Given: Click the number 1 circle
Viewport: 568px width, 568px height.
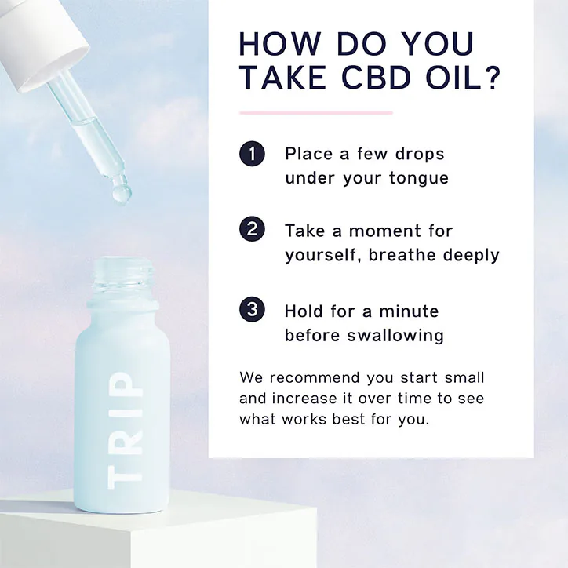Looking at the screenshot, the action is (252, 154).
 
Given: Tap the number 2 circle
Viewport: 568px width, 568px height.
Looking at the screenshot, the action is (252, 229).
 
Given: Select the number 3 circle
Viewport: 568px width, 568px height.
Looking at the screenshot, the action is (252, 309).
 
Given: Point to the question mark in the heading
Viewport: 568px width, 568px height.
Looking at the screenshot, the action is (490, 78).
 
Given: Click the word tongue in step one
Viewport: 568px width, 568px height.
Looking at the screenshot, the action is (419, 178).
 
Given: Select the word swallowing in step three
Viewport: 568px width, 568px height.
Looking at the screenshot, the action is (395, 336).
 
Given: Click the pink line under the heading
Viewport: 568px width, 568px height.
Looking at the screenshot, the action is (316, 113).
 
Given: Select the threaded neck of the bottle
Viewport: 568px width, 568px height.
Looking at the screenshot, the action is (123, 275).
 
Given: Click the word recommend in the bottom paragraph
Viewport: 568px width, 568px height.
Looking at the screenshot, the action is (315, 378).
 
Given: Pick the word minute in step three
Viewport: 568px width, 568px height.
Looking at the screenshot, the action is (409, 311).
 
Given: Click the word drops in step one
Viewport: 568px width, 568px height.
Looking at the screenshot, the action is (420, 155).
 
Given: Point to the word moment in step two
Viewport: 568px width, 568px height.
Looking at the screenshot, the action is (385, 231).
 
